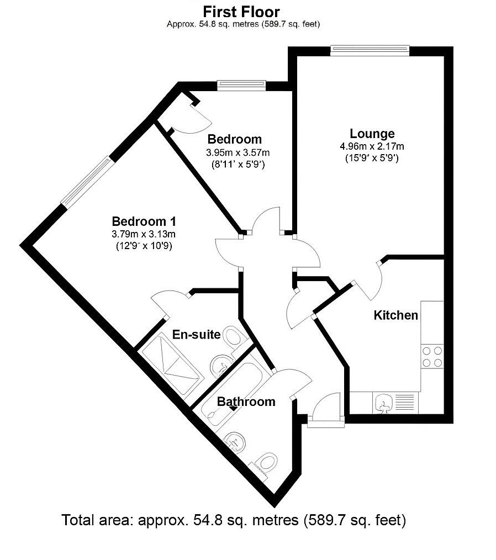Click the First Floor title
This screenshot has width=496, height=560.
pyautogui.click(x=241, y=12)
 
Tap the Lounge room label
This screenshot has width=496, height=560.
pyautogui.click(x=372, y=134)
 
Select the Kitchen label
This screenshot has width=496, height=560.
pyautogui.click(x=396, y=315)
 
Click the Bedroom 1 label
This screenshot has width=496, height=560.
pyautogui.click(x=144, y=221)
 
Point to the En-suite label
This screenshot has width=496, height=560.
pyautogui.click(x=197, y=334)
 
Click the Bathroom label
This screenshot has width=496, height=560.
pyautogui.click(x=246, y=401)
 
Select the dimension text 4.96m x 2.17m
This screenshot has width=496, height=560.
pyautogui.click(x=372, y=146)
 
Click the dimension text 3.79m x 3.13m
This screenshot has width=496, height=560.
pyautogui.click(x=144, y=234)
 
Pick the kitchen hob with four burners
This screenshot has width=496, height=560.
pyautogui.click(x=432, y=356)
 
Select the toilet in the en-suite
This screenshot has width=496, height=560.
pyautogui.click(x=237, y=336)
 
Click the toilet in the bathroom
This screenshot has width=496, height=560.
pyautogui.click(x=267, y=462)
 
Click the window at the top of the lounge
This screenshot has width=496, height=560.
pyautogui.click(x=370, y=51)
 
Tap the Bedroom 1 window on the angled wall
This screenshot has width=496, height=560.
pyautogui.click(x=87, y=182)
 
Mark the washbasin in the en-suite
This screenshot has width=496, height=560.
pyautogui.click(x=221, y=364)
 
